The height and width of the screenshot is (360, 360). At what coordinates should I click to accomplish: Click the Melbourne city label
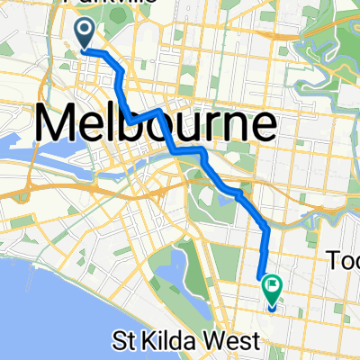click(x=155, y=123)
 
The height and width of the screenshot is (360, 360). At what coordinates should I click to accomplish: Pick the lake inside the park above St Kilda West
click(x=176, y=270)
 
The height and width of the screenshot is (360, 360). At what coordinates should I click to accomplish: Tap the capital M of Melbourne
click(x=56, y=123)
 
